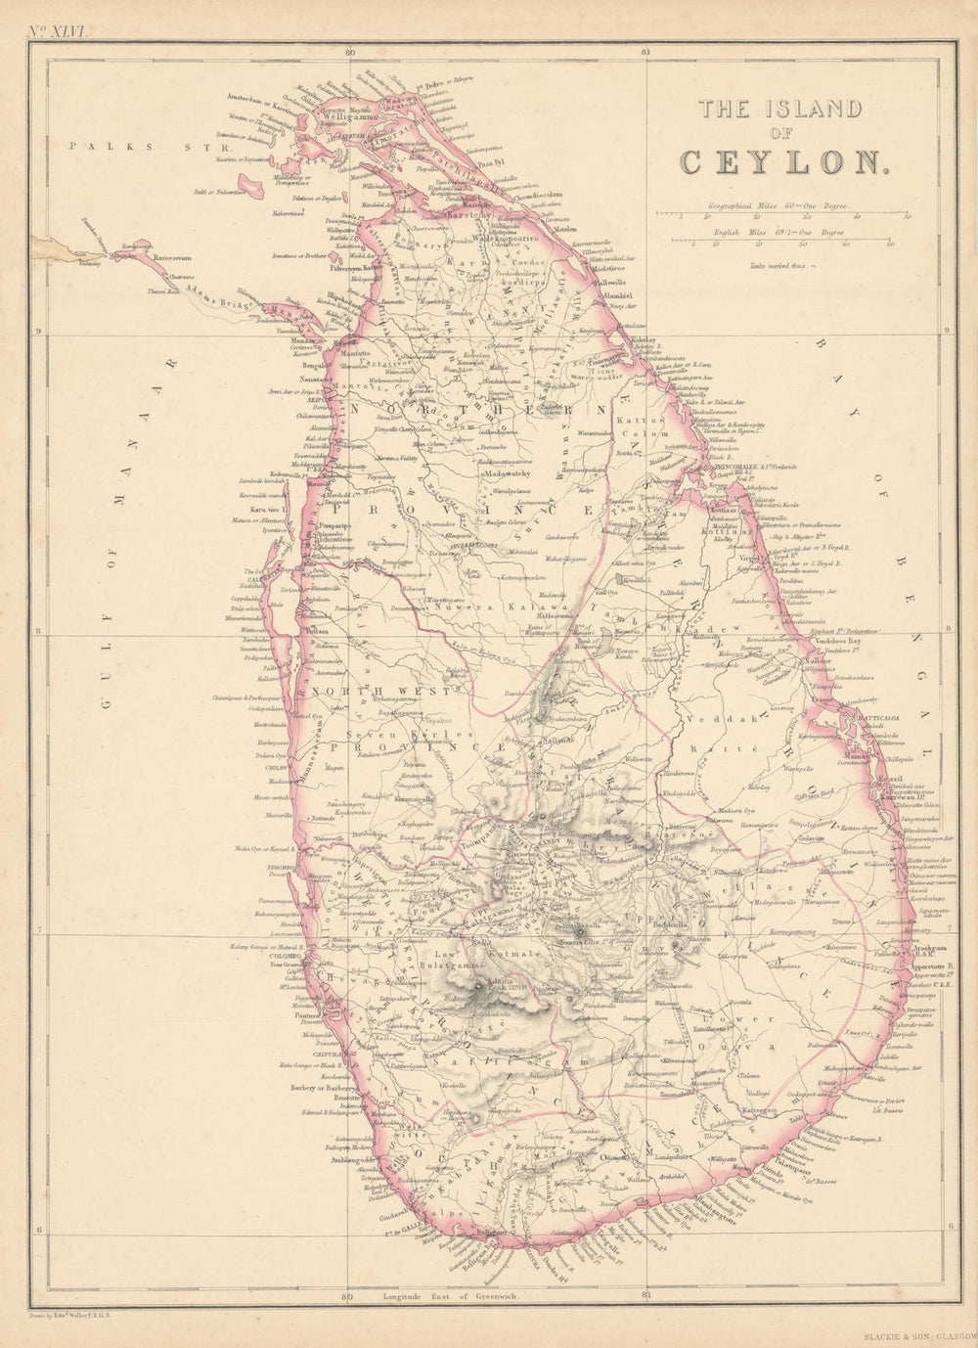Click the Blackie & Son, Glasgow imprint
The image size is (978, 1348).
point(918,1333)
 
